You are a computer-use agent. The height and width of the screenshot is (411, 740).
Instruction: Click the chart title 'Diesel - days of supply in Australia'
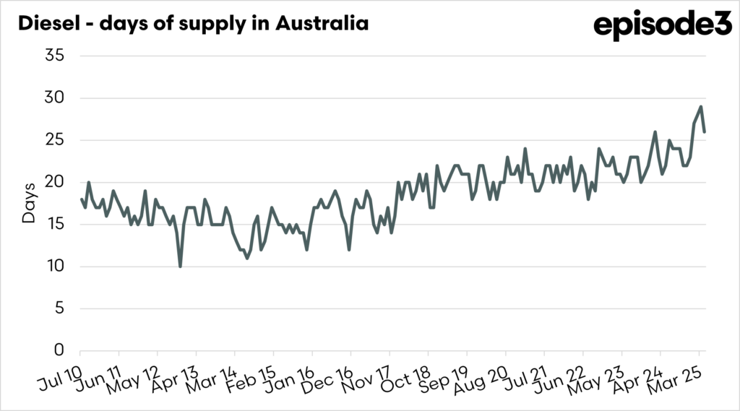point(193,24)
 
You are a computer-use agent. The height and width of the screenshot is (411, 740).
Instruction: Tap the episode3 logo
point(663,26)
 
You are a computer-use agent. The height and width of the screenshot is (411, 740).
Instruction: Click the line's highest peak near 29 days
point(701,107)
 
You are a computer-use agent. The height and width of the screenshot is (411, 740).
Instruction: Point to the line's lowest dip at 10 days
point(180,267)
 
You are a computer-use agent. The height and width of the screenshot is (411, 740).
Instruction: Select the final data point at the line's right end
point(705,131)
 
